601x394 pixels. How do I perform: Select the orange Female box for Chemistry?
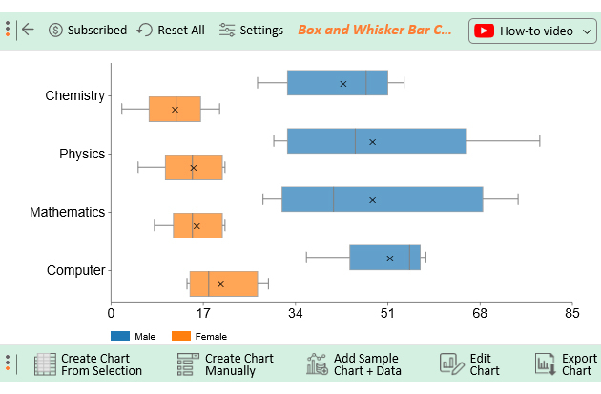pos(175,109)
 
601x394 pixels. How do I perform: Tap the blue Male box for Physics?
pos(376,141)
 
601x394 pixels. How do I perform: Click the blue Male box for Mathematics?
pos(382,199)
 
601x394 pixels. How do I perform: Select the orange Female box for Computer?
pos(223,283)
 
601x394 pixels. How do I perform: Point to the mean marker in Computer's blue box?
pos(390,259)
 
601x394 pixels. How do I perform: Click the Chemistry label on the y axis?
pos(74,95)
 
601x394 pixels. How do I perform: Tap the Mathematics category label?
pos(67,212)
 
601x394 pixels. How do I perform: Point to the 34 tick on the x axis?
pos(296,313)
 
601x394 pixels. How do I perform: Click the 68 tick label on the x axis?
pos(480,313)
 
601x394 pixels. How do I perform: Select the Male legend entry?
pos(134,336)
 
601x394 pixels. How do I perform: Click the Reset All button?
pos(171,30)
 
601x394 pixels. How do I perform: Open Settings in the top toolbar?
pos(251,30)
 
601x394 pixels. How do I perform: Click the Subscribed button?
pos(87,30)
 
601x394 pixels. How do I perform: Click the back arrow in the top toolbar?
pos(28,30)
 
